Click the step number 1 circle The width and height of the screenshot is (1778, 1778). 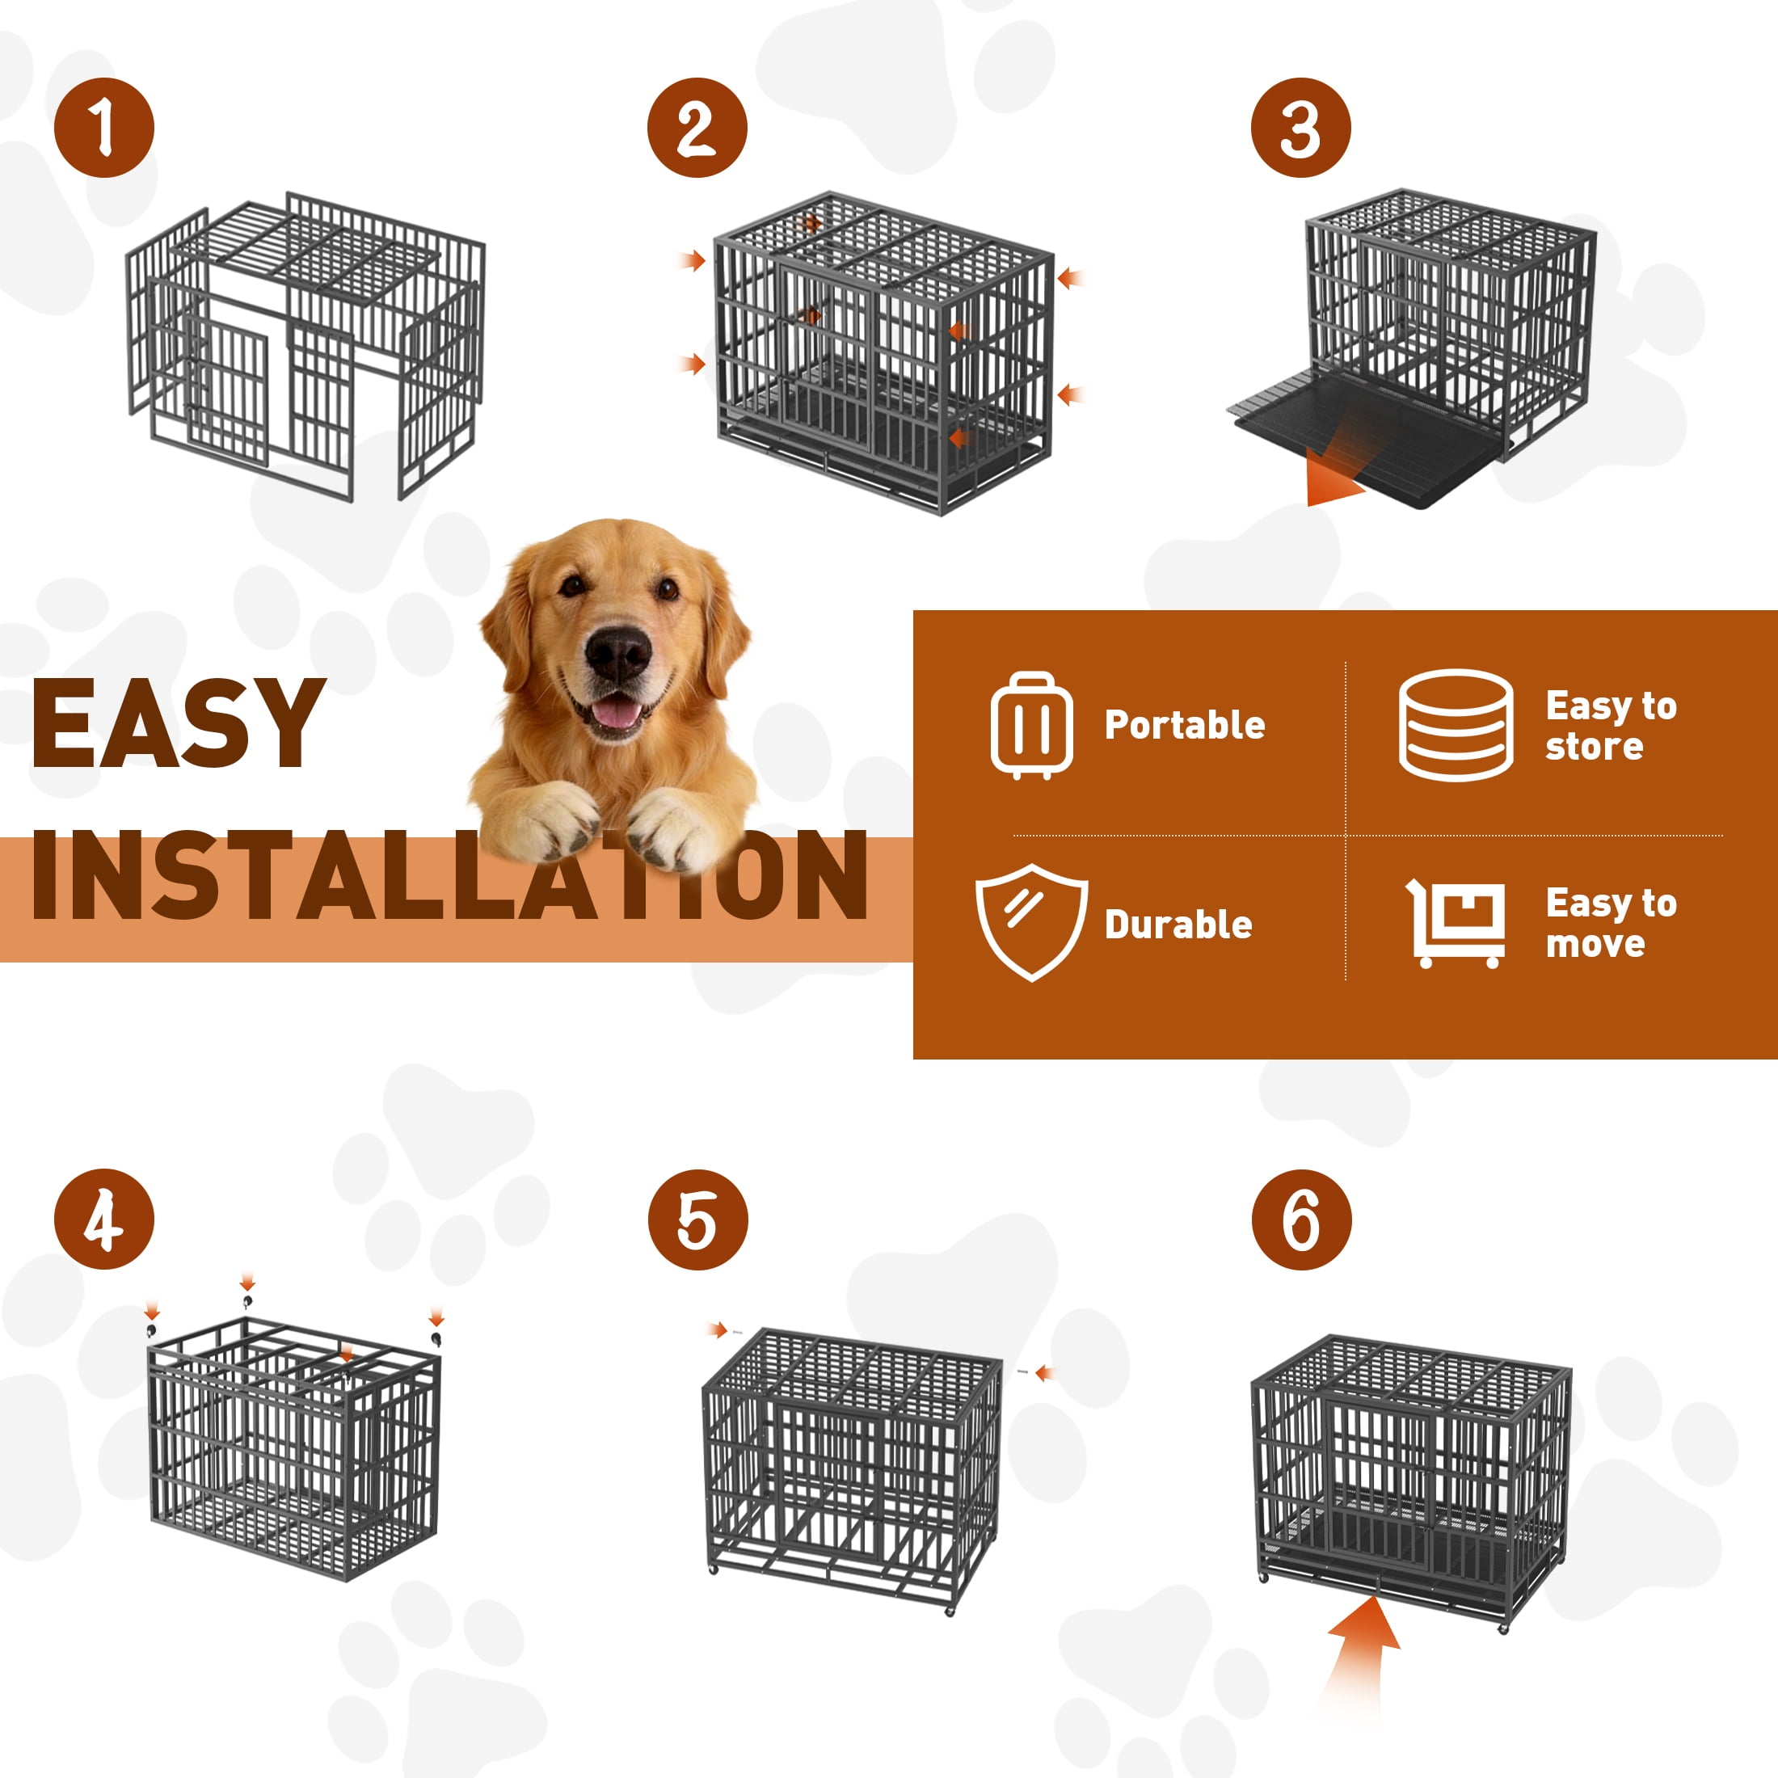(x=104, y=128)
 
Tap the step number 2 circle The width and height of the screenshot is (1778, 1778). (x=697, y=128)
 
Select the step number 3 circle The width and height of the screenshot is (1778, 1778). (x=1300, y=128)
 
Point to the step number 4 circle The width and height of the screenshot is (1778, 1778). (x=104, y=1220)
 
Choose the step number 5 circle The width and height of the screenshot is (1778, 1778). (x=697, y=1220)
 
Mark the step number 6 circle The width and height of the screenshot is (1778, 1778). (x=1301, y=1220)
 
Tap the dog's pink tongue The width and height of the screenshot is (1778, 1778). (x=614, y=712)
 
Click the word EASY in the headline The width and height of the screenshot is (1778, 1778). (x=179, y=723)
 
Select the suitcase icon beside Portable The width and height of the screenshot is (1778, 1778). (x=1032, y=725)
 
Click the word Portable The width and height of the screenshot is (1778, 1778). (x=1185, y=725)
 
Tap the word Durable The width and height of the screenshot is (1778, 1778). (x=1178, y=925)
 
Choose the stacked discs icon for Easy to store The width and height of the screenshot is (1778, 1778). (x=1456, y=725)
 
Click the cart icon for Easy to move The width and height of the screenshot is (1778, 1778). (x=1456, y=924)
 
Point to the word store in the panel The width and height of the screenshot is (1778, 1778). (x=1594, y=746)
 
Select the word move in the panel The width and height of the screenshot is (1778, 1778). (x=1595, y=944)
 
